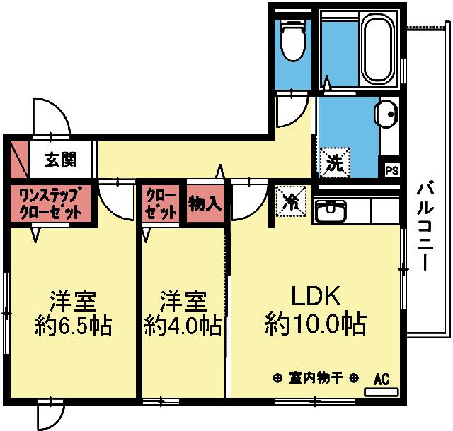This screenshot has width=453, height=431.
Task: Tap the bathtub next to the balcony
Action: click(377, 49)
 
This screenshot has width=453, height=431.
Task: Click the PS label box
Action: click(391, 170)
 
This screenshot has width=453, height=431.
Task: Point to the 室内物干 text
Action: click(316, 377)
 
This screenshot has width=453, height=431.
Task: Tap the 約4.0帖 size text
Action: click(183, 325)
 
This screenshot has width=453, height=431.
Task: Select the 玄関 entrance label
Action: click(61, 160)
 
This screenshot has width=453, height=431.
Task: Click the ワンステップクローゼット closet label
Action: click(50, 203)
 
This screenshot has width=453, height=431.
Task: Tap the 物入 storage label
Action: click(205, 203)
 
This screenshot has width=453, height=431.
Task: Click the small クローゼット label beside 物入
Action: click(162, 203)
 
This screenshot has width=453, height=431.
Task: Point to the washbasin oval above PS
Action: click(386, 114)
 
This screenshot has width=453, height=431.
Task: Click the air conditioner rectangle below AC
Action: click(382, 390)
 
